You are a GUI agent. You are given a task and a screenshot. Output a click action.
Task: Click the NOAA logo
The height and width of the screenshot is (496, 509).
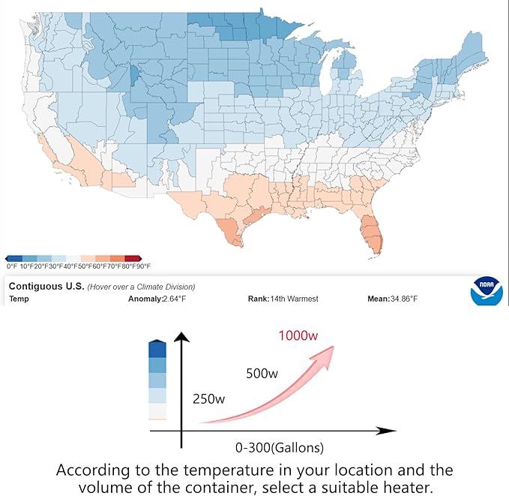click(x=486, y=292)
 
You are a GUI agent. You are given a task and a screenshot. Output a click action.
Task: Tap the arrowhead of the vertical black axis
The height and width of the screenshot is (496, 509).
click(x=181, y=335)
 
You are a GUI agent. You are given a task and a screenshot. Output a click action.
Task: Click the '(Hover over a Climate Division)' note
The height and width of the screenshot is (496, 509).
click(x=141, y=287)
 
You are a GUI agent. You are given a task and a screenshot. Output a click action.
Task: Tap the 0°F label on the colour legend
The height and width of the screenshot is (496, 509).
click(x=11, y=266)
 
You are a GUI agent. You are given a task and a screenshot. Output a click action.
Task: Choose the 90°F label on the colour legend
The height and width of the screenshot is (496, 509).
click(x=143, y=266)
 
